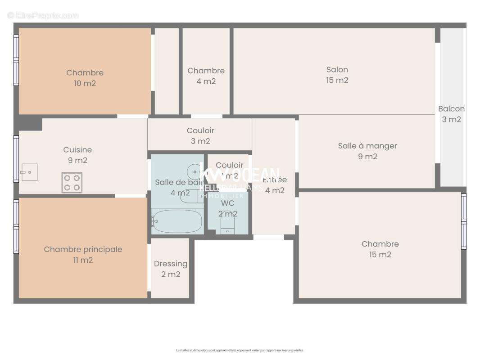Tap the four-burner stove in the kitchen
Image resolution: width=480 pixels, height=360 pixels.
coord(72,183)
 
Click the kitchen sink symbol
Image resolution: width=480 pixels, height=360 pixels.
coord(29,172)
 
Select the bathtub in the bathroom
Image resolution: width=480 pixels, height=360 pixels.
coord(177,221)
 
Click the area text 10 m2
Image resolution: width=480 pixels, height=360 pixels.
coord(85,83)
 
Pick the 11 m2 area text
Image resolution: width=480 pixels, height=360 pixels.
coord(83,260)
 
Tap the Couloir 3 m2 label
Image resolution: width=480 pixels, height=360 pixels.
coord(200,136)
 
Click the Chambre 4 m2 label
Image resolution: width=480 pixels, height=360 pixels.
coord(206,76)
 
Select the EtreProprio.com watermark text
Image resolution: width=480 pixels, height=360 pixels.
coord(43,15)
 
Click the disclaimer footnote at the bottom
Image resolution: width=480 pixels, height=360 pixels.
coord(240,350)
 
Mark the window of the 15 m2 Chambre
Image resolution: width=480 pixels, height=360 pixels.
coord(464,221)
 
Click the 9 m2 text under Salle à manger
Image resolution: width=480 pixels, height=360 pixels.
coord(367,157)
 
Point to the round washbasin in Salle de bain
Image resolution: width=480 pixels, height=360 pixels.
coord(194,171)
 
